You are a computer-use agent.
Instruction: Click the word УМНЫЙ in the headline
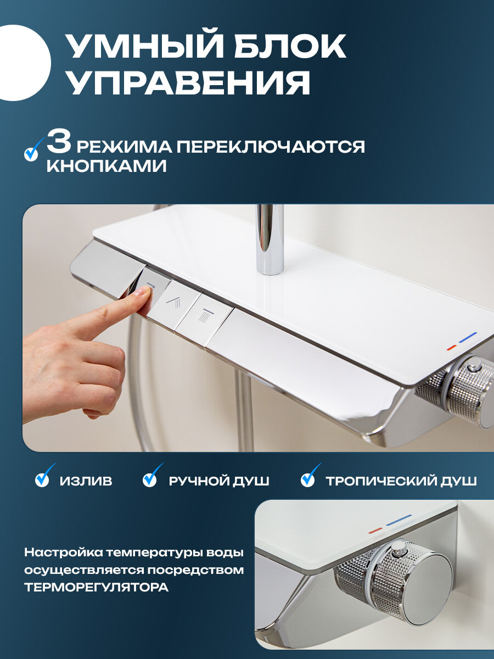(x=144, y=46)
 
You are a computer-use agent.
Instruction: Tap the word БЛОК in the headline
(x=290, y=46)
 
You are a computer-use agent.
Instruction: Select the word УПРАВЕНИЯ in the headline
(x=188, y=81)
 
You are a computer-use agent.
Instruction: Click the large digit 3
(x=59, y=143)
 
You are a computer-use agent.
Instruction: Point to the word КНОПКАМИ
(x=106, y=166)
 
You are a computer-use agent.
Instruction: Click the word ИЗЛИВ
(x=86, y=481)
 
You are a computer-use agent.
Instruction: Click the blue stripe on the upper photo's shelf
(x=468, y=337)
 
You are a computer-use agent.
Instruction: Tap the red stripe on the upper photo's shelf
(x=451, y=347)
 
